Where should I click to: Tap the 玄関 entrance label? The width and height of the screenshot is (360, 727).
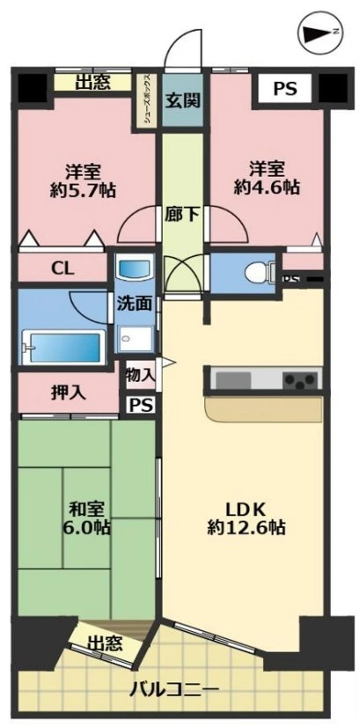point(182,99)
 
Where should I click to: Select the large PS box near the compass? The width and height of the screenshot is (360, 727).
point(283,89)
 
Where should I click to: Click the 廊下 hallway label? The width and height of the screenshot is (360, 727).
point(183,212)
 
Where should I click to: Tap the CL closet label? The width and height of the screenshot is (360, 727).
point(62,268)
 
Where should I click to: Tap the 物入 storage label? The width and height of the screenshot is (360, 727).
point(140,374)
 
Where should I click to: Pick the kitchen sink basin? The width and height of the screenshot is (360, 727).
point(233,380)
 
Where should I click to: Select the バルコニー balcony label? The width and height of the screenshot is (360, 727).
point(174,687)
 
